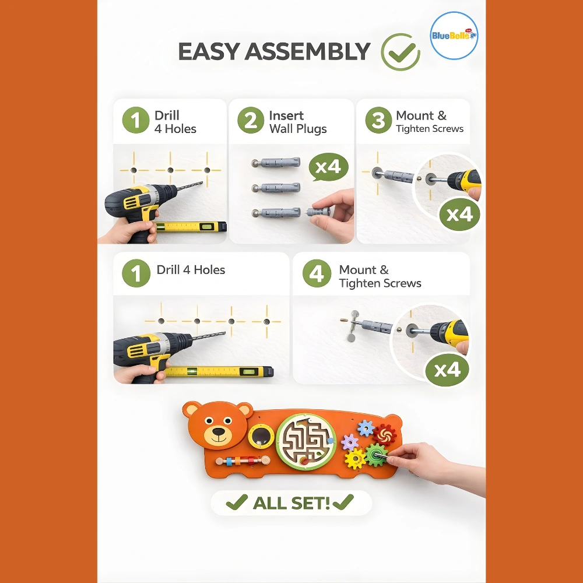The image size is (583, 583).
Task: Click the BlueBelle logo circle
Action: click(x=454, y=36)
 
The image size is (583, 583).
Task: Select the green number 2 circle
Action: click(x=251, y=120)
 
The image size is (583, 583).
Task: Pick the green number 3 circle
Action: click(x=378, y=120)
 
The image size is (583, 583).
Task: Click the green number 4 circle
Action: click(x=317, y=273)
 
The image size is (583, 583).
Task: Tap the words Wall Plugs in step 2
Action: click(x=298, y=129)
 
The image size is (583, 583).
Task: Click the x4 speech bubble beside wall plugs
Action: click(x=328, y=167)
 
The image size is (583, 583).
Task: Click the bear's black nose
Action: click(x=219, y=431)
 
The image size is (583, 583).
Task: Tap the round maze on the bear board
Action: click(x=306, y=441)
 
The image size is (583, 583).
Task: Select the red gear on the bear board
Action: click(x=384, y=435)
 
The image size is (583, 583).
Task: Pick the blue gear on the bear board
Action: click(x=366, y=429)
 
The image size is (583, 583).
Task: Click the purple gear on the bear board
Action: click(x=349, y=442)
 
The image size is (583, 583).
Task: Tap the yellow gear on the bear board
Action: click(x=355, y=459)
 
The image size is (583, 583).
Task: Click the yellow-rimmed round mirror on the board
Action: click(x=261, y=436)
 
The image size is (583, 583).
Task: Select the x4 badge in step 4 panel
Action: click(x=447, y=370)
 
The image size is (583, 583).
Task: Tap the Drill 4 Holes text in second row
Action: click(x=191, y=270)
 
